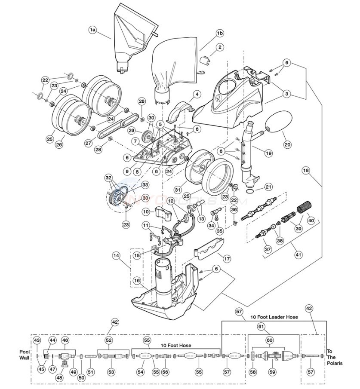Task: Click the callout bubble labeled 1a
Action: pos(93,30)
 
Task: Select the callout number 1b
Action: pos(219,33)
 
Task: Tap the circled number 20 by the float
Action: pos(287,144)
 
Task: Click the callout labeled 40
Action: pos(311,221)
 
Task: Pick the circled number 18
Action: pos(306,171)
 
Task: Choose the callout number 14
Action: pos(116,255)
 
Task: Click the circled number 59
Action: pos(272,372)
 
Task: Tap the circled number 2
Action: pos(220,47)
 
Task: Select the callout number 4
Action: pos(196,94)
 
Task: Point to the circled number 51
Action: pos(90,372)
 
